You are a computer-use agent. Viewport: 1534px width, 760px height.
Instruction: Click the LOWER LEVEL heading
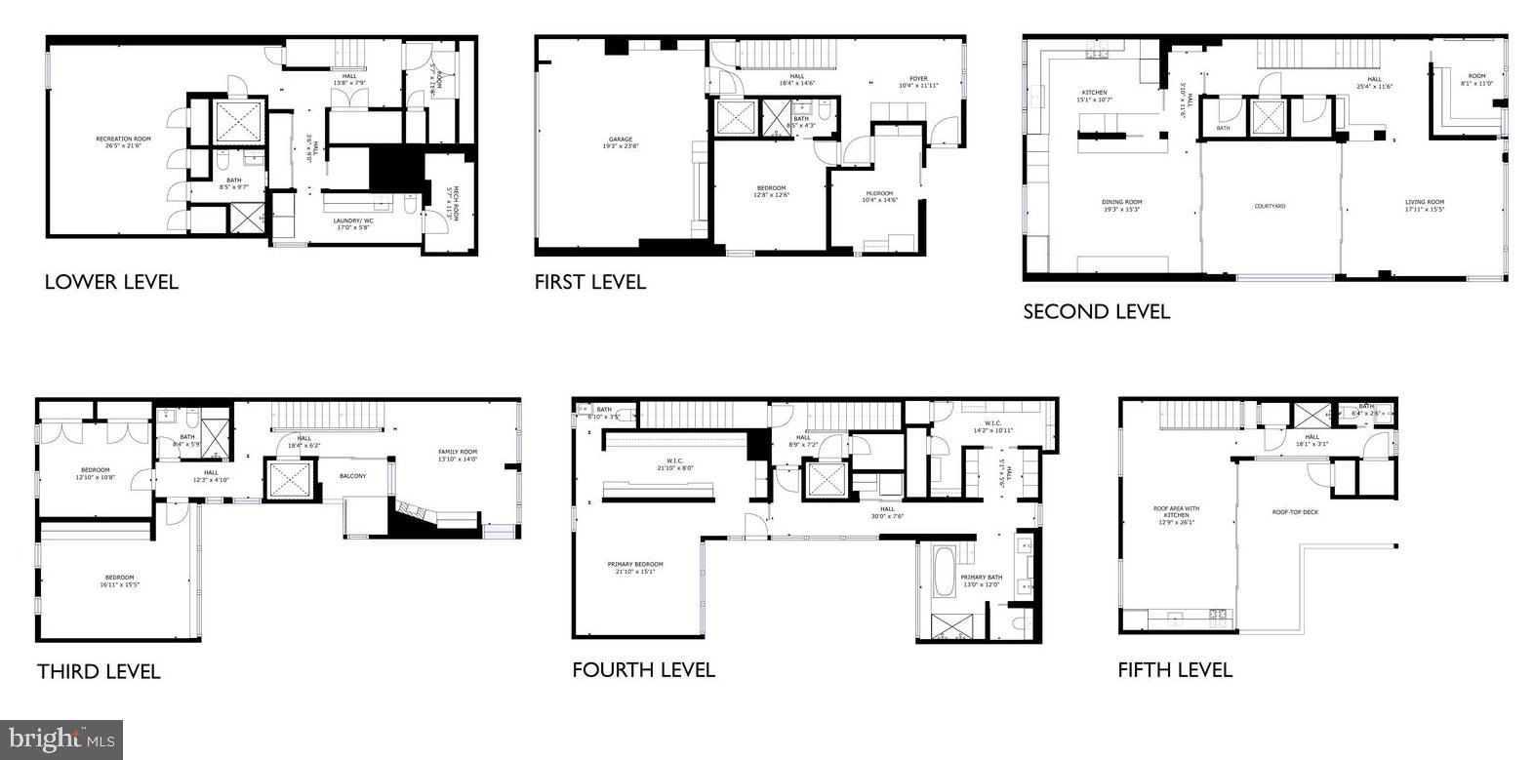coord(111,283)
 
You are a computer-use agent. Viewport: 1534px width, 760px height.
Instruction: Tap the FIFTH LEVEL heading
coord(1174,670)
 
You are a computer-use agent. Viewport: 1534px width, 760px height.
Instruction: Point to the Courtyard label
coord(1270,207)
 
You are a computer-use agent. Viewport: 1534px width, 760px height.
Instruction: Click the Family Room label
coord(457,454)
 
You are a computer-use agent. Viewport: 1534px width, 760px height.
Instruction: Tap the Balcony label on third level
coord(352,476)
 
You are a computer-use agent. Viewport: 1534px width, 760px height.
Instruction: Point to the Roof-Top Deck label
coord(1295,512)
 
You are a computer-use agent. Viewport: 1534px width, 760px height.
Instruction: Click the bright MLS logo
coord(62,739)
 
